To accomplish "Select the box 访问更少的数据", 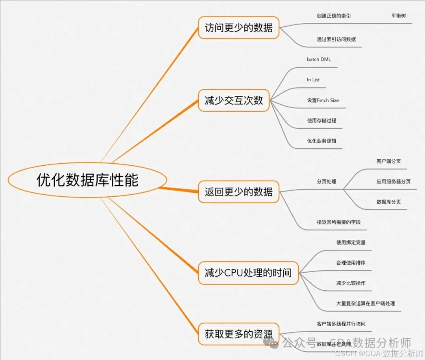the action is coord(238,28).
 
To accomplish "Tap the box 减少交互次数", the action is coord(234,100).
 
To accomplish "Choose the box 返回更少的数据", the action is coord(238,192).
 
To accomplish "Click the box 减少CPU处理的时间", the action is coord(248,272).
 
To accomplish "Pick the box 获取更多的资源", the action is coord(238,334).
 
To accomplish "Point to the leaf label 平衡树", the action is coord(398,16).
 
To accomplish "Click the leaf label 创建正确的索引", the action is coord(334,16).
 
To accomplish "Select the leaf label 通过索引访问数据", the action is coord(336,39).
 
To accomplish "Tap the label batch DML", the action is coord(319,59).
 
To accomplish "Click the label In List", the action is coord(313,80).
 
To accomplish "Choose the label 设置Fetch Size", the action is coord(323,100).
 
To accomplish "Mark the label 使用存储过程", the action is coord(322,121).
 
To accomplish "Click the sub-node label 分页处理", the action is coord(326,182).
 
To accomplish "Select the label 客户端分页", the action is coord(388,161).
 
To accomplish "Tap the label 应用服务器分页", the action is coord(393,182).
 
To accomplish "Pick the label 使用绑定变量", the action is coord(351,242).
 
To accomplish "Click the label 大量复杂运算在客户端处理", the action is coord(365,304).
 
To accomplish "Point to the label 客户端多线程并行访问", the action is coord(341,324).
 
